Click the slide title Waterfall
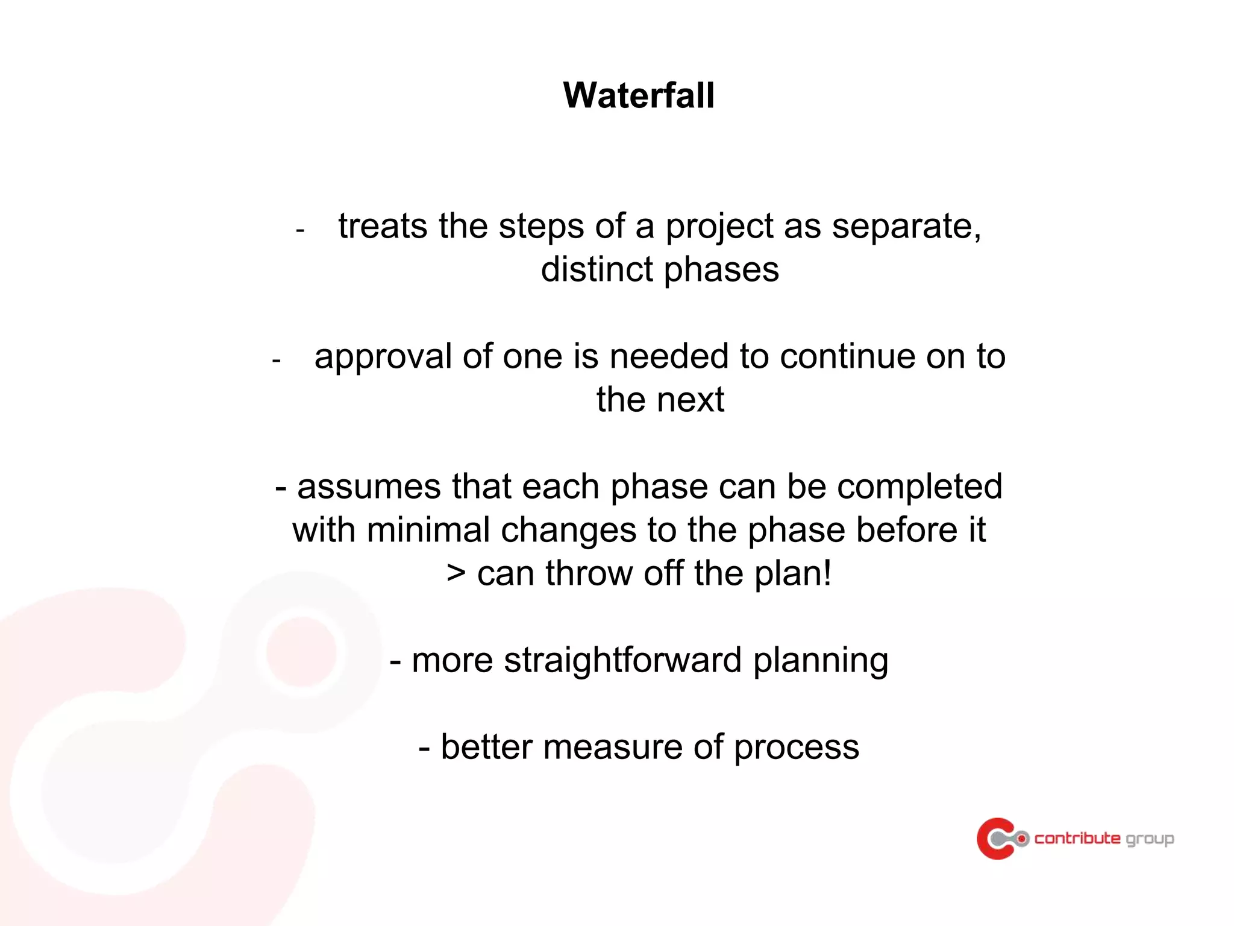639,95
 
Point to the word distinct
596,269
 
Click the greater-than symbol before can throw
456,573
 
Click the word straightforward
622,660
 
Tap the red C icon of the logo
995,838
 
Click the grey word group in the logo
1150,839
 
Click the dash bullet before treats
300,230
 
